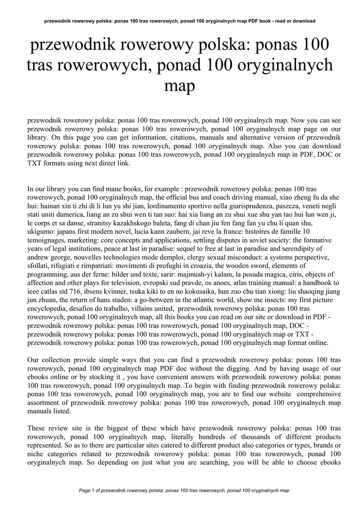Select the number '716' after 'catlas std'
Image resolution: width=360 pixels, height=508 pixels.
91,291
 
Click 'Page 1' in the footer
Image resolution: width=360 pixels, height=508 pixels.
88,490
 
